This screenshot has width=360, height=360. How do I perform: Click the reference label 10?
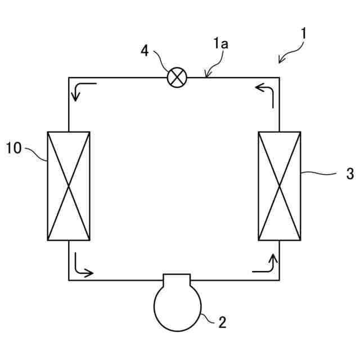coord(14,148)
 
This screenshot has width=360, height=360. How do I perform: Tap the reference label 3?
coord(349,174)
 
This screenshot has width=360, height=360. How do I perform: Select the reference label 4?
coord(145,51)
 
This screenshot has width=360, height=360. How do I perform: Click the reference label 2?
coord(222,322)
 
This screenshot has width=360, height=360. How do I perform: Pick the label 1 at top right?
coord(303,33)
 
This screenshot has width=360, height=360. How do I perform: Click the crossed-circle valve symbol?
coord(177,78)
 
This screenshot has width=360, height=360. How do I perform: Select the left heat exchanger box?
coord(69,186)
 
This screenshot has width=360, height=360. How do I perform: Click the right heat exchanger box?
coord(280,186)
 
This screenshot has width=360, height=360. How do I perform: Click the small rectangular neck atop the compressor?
coord(177,280)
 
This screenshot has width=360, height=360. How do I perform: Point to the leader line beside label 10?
coord(35,153)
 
